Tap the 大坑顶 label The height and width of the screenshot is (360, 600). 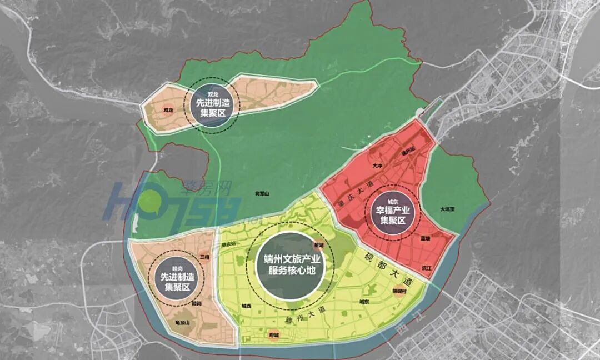[x=447, y=209]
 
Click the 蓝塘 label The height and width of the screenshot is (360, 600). [x=426, y=237]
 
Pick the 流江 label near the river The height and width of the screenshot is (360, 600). [x=427, y=268]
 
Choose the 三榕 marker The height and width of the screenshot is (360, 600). [x=203, y=257]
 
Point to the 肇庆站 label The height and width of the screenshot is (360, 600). [x=228, y=243]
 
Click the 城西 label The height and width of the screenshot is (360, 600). [x=246, y=306]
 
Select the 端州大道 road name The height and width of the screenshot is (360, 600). [x=300, y=316]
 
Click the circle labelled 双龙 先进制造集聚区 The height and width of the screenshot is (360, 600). [x=213, y=103]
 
